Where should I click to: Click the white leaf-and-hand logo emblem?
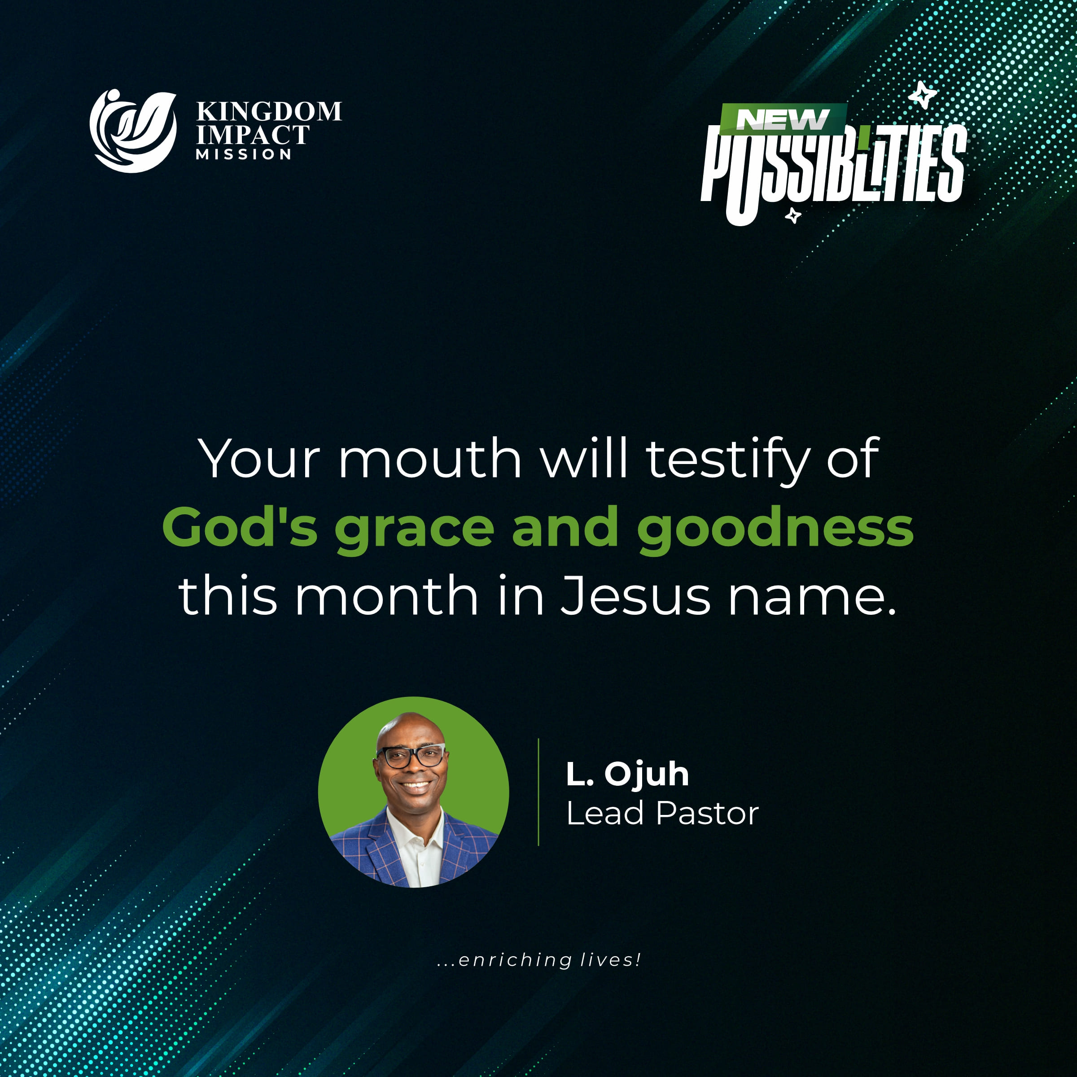(x=133, y=131)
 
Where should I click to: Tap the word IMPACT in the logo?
(x=253, y=135)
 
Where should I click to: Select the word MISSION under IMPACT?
(x=244, y=154)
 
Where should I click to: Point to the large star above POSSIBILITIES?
(x=922, y=94)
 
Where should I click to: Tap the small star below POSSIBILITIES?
(x=792, y=215)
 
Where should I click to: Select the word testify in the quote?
(x=727, y=460)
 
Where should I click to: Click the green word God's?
(x=240, y=527)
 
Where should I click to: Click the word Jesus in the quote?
(x=635, y=596)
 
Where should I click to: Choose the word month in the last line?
(x=386, y=596)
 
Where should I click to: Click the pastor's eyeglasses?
(x=412, y=757)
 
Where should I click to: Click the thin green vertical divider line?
(x=538, y=792)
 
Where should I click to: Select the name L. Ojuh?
(x=628, y=775)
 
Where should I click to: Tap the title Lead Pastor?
(x=662, y=813)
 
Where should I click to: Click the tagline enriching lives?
(x=539, y=959)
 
